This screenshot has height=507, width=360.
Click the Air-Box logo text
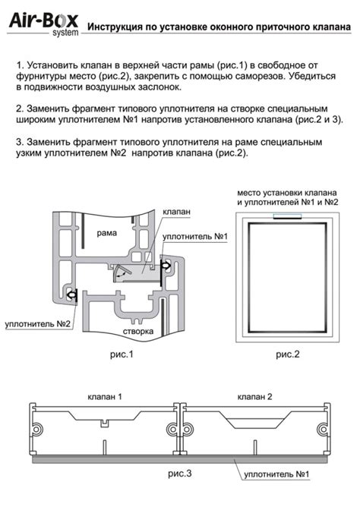(x=43, y=21)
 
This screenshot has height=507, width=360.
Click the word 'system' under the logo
(x=65, y=33)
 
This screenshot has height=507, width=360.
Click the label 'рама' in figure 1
(x=107, y=233)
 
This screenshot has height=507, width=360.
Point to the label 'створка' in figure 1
(x=138, y=332)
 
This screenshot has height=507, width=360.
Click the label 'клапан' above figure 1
(x=176, y=212)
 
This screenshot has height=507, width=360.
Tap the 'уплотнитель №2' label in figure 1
(x=37, y=323)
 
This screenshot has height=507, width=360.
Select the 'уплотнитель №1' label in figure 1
(x=195, y=236)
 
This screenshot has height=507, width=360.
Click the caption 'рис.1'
(x=122, y=354)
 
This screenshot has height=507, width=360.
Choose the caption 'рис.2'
(x=288, y=354)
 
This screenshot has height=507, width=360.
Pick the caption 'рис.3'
(x=180, y=474)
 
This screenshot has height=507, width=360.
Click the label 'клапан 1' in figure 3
(x=105, y=397)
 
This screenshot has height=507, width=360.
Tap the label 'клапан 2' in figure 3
(x=255, y=397)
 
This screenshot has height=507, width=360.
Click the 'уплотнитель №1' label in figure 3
(x=276, y=474)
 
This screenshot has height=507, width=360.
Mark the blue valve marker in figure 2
(x=287, y=216)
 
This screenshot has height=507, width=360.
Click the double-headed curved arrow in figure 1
(x=122, y=273)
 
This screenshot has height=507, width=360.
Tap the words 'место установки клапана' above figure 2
(x=287, y=193)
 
